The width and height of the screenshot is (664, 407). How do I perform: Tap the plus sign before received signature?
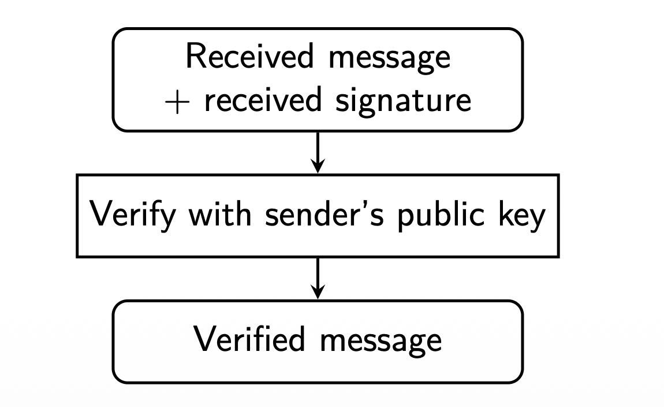(176, 101)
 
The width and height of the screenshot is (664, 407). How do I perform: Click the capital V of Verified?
(203, 339)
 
